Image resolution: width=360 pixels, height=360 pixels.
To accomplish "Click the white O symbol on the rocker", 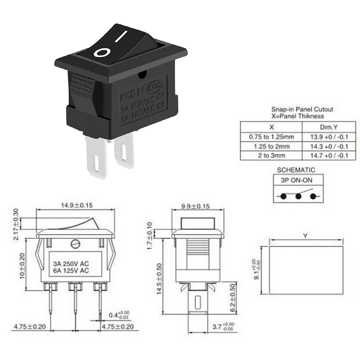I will tap(102, 53).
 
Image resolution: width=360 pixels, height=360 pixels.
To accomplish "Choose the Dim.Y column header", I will tap(326, 127).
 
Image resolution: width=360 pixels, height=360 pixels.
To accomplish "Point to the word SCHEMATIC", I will tap(296, 170).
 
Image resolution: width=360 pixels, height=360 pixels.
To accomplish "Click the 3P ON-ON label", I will tap(296, 180).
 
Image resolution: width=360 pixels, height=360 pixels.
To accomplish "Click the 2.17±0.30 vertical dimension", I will tap(16, 224).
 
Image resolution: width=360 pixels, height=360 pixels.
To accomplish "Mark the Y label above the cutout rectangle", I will tap(306, 235).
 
